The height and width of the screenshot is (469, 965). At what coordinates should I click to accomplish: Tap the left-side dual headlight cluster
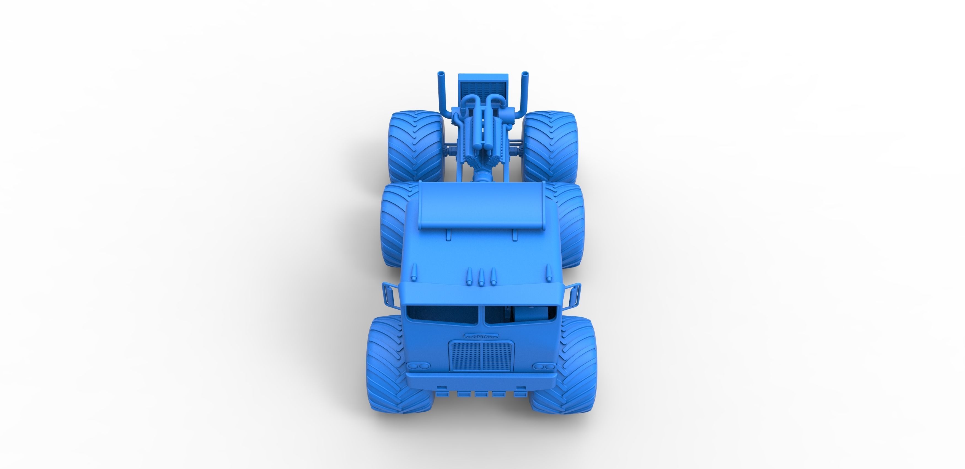point(417,366)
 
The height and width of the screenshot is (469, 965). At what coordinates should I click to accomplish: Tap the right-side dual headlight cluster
point(546,366)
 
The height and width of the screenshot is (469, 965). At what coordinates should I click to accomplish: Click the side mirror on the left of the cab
point(388,294)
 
